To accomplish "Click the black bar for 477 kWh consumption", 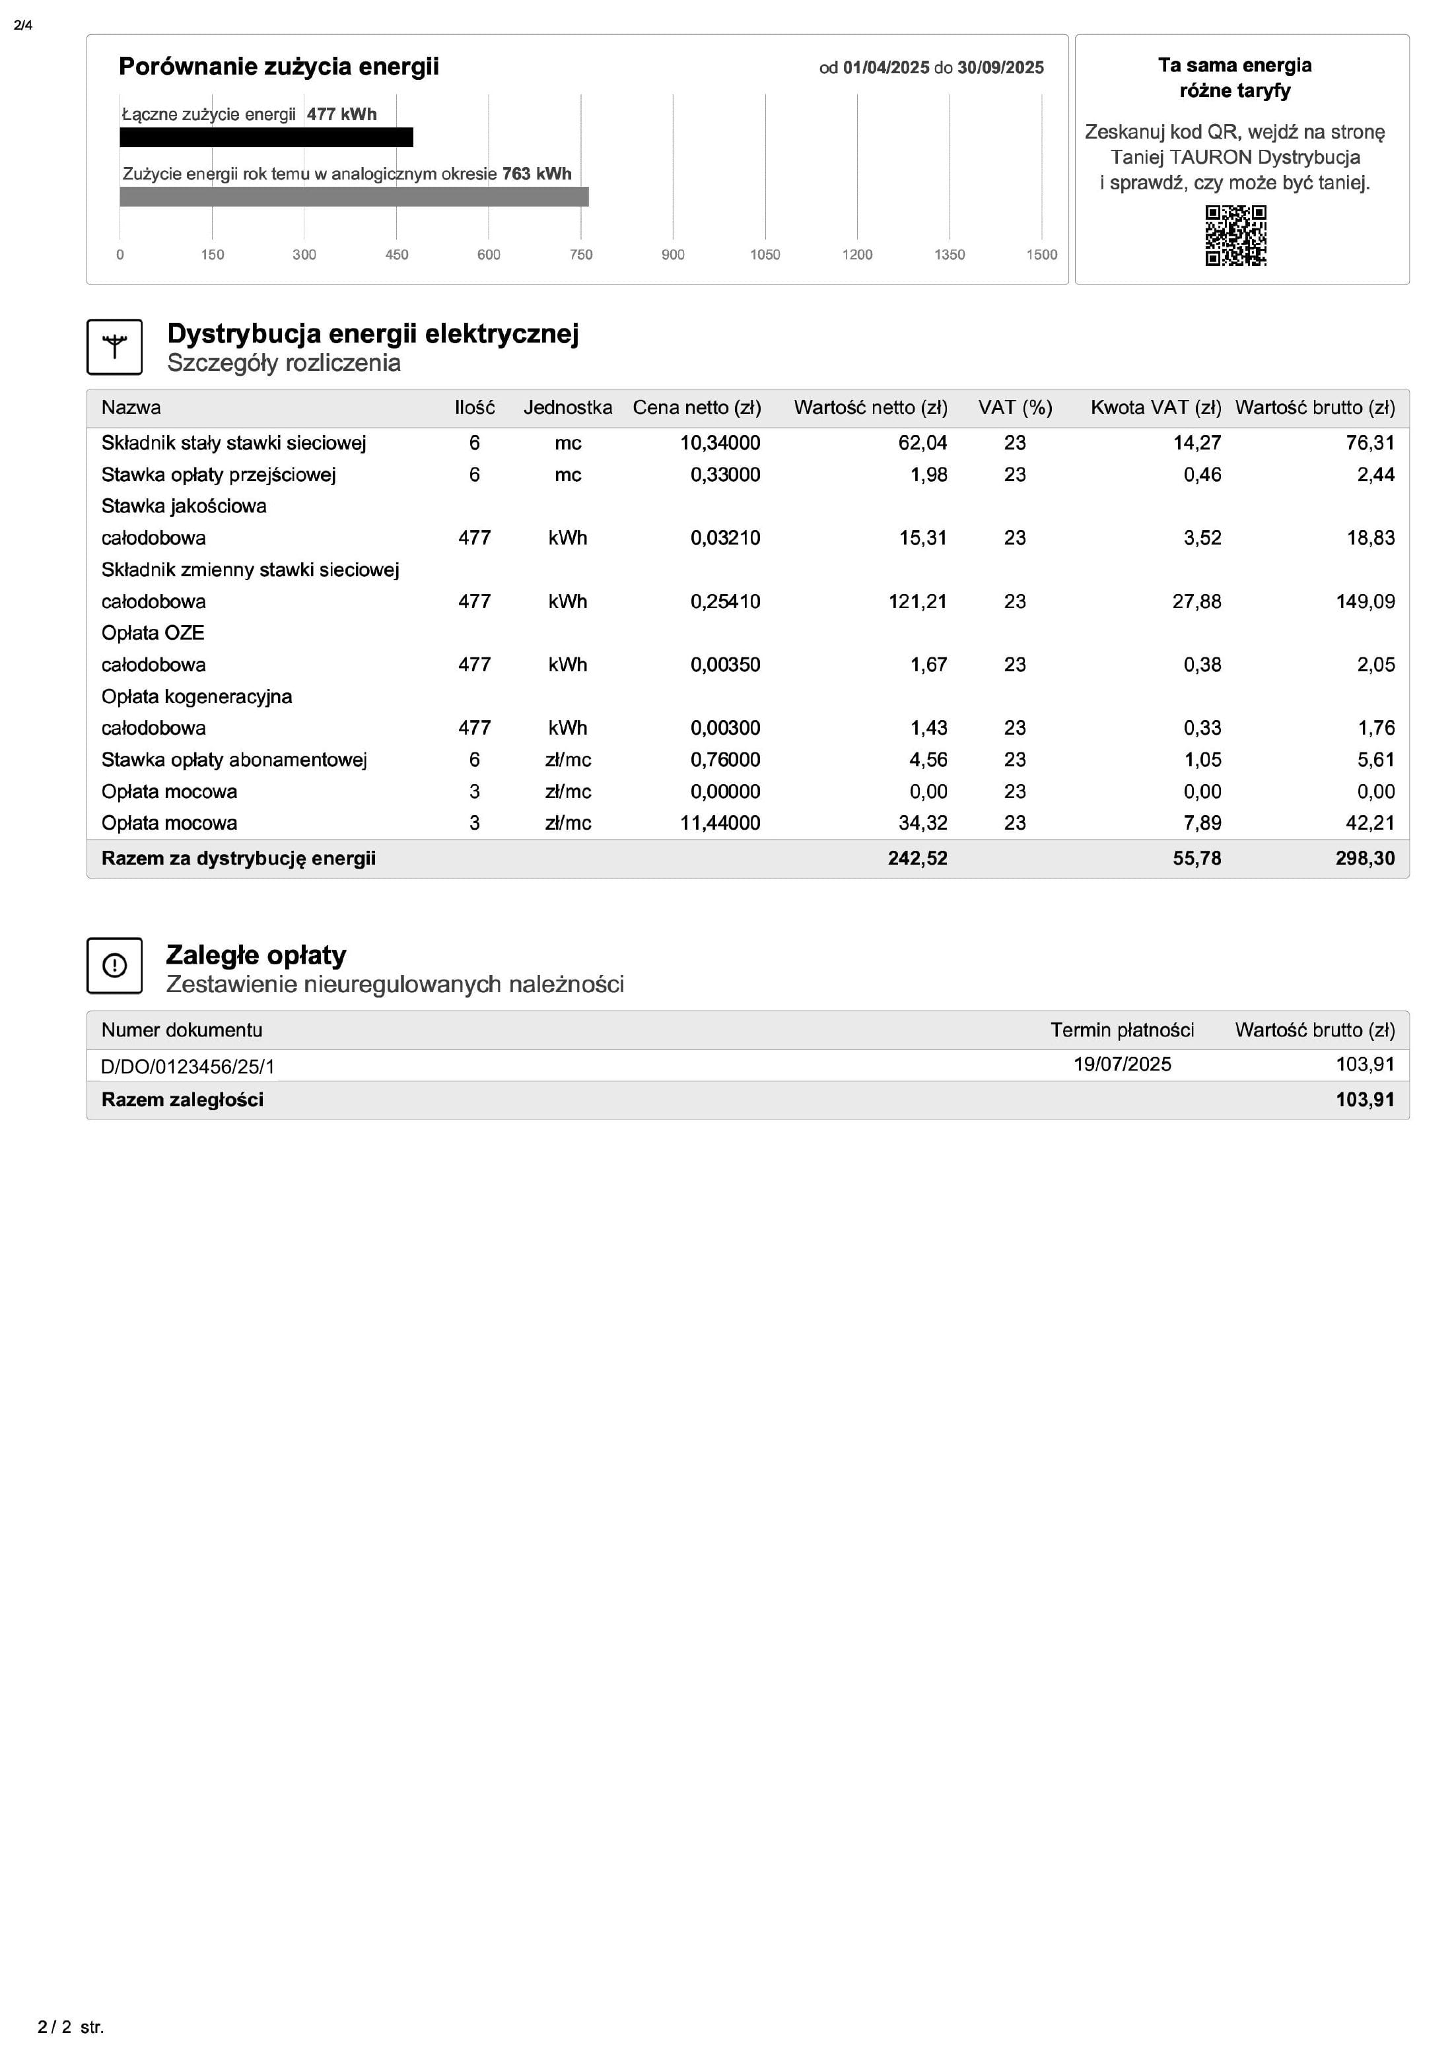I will tap(266, 137).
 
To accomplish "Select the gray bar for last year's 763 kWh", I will tap(354, 197).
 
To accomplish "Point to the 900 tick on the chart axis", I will tap(673, 255).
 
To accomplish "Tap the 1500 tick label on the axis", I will tap(1041, 255).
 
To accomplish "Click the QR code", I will tap(1235, 235).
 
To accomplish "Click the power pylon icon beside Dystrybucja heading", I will tap(114, 347).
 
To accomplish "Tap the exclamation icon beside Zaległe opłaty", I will tap(114, 966).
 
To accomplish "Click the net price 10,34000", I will tap(720, 443).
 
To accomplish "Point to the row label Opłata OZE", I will tap(153, 633).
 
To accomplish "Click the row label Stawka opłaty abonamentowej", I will tap(234, 760).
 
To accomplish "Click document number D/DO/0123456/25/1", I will tap(188, 1067).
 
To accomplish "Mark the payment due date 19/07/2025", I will tap(1122, 1064).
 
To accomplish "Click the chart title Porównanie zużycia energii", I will tap(279, 67).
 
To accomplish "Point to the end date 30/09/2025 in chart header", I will tap(1000, 68).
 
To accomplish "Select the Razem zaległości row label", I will tap(182, 1100).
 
